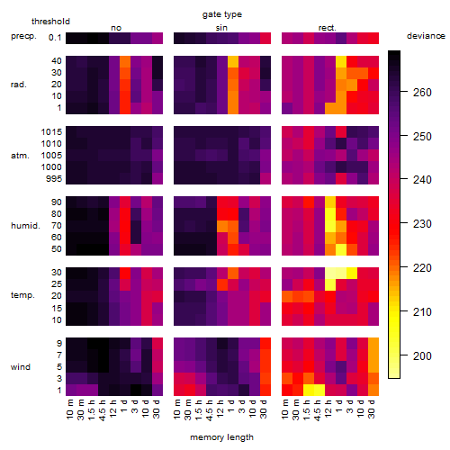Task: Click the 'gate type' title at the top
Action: [x=222, y=14]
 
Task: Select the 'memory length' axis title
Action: [x=221, y=437]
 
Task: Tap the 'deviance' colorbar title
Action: [x=426, y=36]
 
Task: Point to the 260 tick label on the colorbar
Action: [x=422, y=93]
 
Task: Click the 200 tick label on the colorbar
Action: [x=422, y=356]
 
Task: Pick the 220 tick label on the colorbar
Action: [x=422, y=268]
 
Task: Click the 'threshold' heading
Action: [x=50, y=22]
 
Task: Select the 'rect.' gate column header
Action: [x=327, y=28]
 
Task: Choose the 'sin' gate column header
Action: [x=221, y=28]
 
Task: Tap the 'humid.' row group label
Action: [x=25, y=226]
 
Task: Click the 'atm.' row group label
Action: [x=20, y=156]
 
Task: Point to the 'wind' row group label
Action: [x=21, y=367]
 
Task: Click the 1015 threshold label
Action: [x=51, y=132]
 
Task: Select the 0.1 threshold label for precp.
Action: [x=55, y=38]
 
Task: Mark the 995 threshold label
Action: [x=54, y=179]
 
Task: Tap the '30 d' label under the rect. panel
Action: [x=372, y=409]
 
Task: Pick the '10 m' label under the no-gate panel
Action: [x=69, y=409]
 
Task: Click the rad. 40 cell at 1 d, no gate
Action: [x=125, y=61]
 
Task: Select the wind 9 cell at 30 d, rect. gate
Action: [x=373, y=343]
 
